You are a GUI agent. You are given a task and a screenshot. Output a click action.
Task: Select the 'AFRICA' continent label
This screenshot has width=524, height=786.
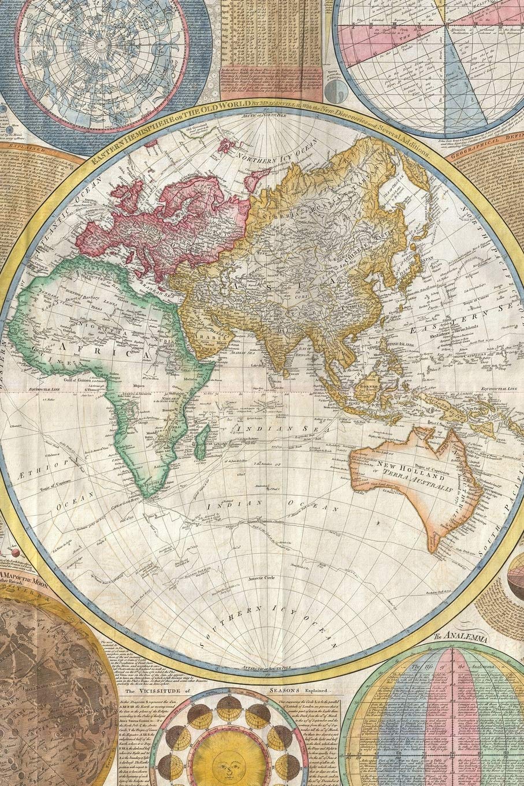(x=84, y=348)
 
